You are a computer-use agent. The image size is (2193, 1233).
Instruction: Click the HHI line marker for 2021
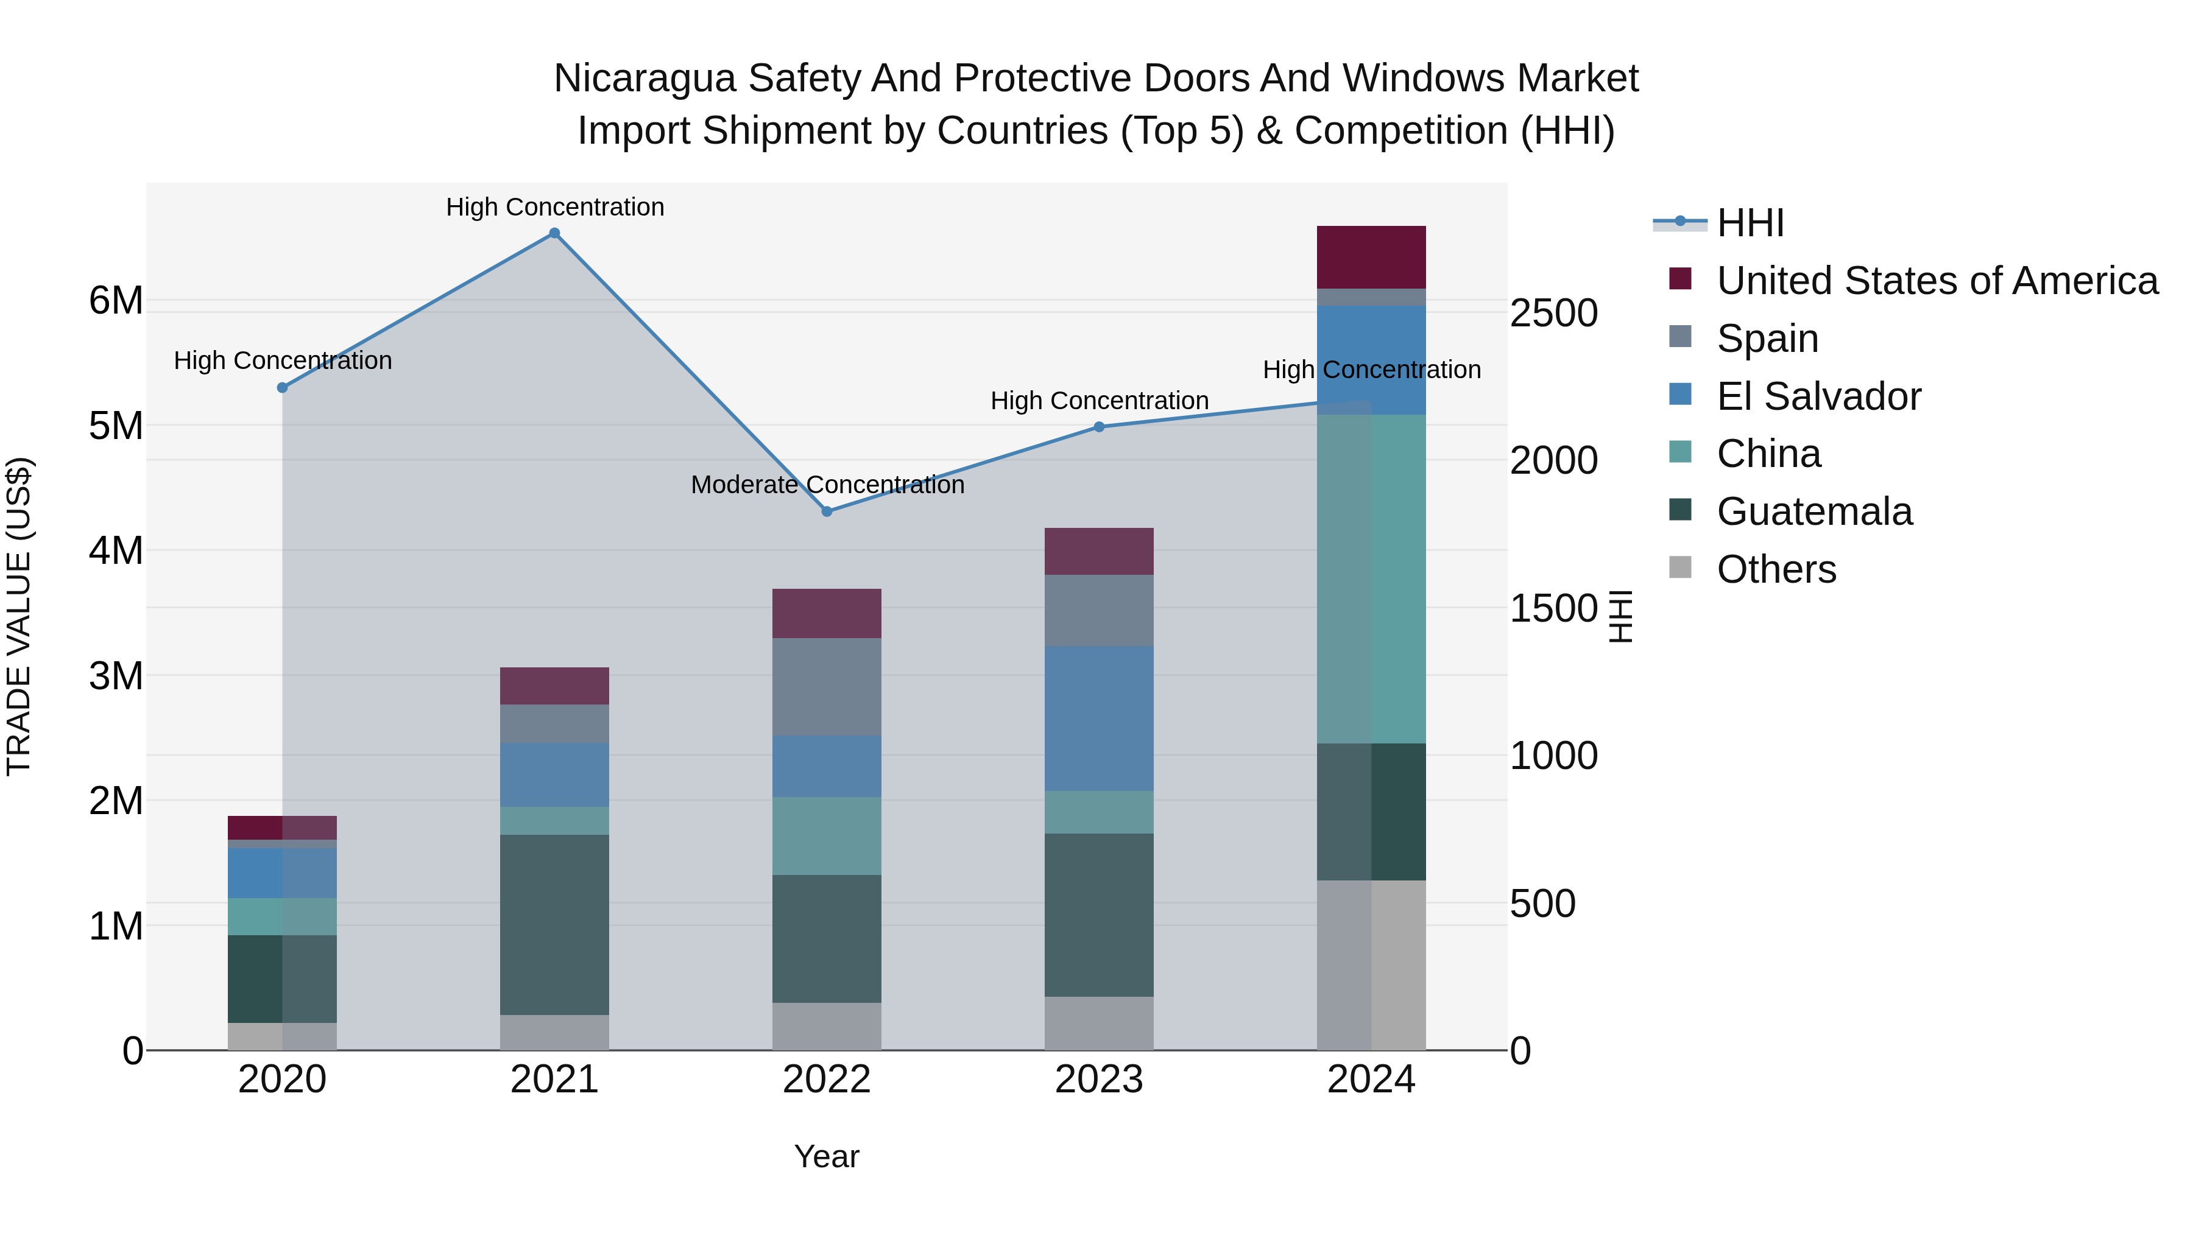click(554, 233)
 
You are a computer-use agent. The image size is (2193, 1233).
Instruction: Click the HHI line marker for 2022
click(827, 511)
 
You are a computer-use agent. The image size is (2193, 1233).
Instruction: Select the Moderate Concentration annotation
click(827, 485)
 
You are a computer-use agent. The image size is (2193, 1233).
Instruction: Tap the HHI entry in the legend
click(1750, 223)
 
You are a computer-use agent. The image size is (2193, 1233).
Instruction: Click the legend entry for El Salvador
click(1818, 396)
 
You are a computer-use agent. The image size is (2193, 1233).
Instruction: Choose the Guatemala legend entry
click(1813, 512)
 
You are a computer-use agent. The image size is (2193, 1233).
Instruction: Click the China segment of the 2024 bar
click(1371, 578)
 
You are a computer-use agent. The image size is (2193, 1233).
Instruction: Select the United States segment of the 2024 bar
click(1371, 257)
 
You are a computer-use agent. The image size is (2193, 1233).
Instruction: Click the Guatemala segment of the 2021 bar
click(554, 924)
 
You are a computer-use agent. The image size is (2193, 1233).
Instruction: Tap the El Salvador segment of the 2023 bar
click(1098, 718)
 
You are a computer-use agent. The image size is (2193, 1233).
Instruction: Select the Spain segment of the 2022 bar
click(827, 687)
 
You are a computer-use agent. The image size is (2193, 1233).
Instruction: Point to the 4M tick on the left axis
click(116, 550)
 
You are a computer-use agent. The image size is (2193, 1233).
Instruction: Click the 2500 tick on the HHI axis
click(1553, 313)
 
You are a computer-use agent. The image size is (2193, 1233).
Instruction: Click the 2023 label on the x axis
click(1098, 1080)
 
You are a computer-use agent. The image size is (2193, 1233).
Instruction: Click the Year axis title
click(827, 1156)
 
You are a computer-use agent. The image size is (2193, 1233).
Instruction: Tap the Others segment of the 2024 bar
click(1371, 965)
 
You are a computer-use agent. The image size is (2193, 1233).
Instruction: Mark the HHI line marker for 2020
click(283, 387)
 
